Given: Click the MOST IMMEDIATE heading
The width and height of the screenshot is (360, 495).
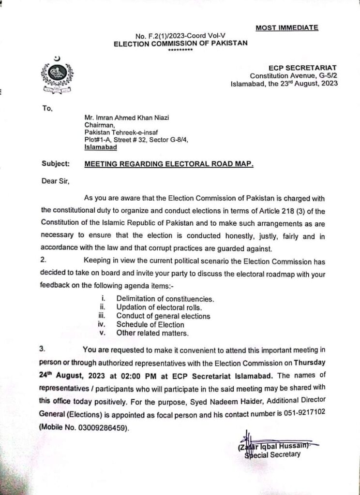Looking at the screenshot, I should [x=286, y=28].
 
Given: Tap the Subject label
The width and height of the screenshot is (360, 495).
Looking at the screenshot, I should [x=56, y=164].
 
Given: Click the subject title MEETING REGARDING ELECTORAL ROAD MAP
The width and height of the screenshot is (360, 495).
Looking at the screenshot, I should [x=169, y=164].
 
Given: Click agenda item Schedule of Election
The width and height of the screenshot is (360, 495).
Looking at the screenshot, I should [x=150, y=325].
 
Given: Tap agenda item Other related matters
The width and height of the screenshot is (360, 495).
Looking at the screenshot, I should [x=152, y=333].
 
